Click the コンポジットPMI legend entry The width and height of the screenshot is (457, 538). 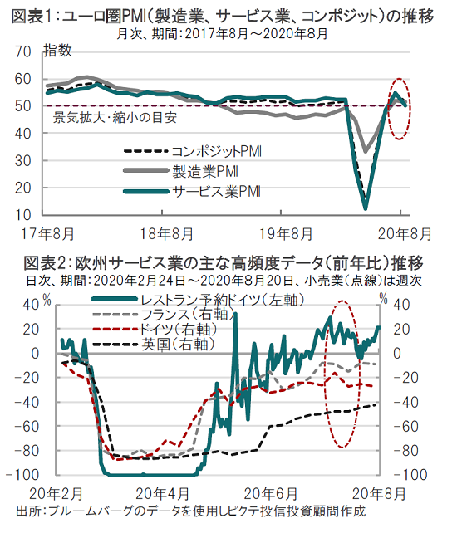(192, 151)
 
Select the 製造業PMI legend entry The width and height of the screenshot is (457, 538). (180, 171)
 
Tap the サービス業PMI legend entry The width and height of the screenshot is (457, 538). (192, 191)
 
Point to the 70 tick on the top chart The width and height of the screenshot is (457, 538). (22, 51)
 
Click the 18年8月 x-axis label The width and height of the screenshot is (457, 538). (166, 234)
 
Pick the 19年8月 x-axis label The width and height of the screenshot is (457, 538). (286, 234)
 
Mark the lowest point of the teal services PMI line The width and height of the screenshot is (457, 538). (366, 208)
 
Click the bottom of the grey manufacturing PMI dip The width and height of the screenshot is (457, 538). (366, 152)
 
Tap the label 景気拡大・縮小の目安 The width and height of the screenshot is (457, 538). (115, 118)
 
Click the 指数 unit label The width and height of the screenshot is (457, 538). (57, 51)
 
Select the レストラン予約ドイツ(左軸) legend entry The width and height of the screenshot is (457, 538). (198, 300)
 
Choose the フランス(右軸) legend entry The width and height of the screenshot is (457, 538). (164, 315)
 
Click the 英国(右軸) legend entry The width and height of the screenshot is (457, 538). (154, 345)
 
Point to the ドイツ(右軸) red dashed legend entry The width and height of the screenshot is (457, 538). (155, 330)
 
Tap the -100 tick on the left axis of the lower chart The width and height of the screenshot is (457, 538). (23, 475)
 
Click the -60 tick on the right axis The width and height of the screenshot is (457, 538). (405, 427)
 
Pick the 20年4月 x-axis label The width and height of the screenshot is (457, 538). (162, 495)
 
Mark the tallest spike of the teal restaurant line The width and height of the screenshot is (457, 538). (235, 313)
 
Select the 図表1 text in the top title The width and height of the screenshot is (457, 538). (32, 17)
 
